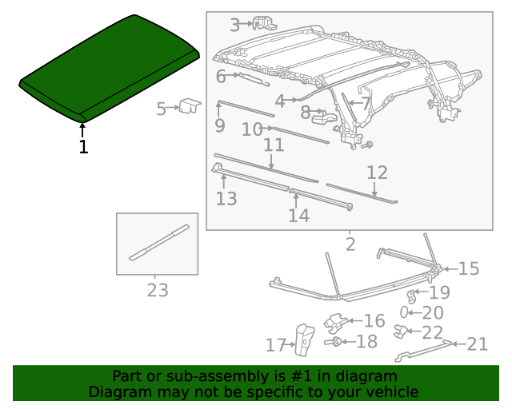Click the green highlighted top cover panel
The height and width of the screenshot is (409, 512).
(109, 69)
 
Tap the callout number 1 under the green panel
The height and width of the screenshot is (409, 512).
(83, 147)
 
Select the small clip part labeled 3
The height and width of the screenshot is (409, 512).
(265, 23)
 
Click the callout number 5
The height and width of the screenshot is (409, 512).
(161, 109)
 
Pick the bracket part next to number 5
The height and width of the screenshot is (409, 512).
(190, 106)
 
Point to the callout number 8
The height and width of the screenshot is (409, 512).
(306, 113)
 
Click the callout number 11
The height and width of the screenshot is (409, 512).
(274, 145)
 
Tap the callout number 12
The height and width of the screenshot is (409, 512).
(377, 173)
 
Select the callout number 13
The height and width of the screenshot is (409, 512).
(226, 199)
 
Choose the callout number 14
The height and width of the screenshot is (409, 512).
(298, 216)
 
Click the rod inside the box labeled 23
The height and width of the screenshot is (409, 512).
(159, 242)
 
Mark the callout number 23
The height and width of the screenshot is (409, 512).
(158, 290)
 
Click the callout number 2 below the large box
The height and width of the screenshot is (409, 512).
(350, 244)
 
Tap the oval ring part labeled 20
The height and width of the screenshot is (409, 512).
(404, 312)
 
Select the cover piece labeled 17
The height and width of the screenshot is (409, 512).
(305, 340)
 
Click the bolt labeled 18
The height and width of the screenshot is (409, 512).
(333, 342)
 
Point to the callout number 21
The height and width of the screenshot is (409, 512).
(478, 344)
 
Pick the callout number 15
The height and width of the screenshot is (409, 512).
(469, 268)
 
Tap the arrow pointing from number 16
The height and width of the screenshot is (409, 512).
(355, 321)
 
